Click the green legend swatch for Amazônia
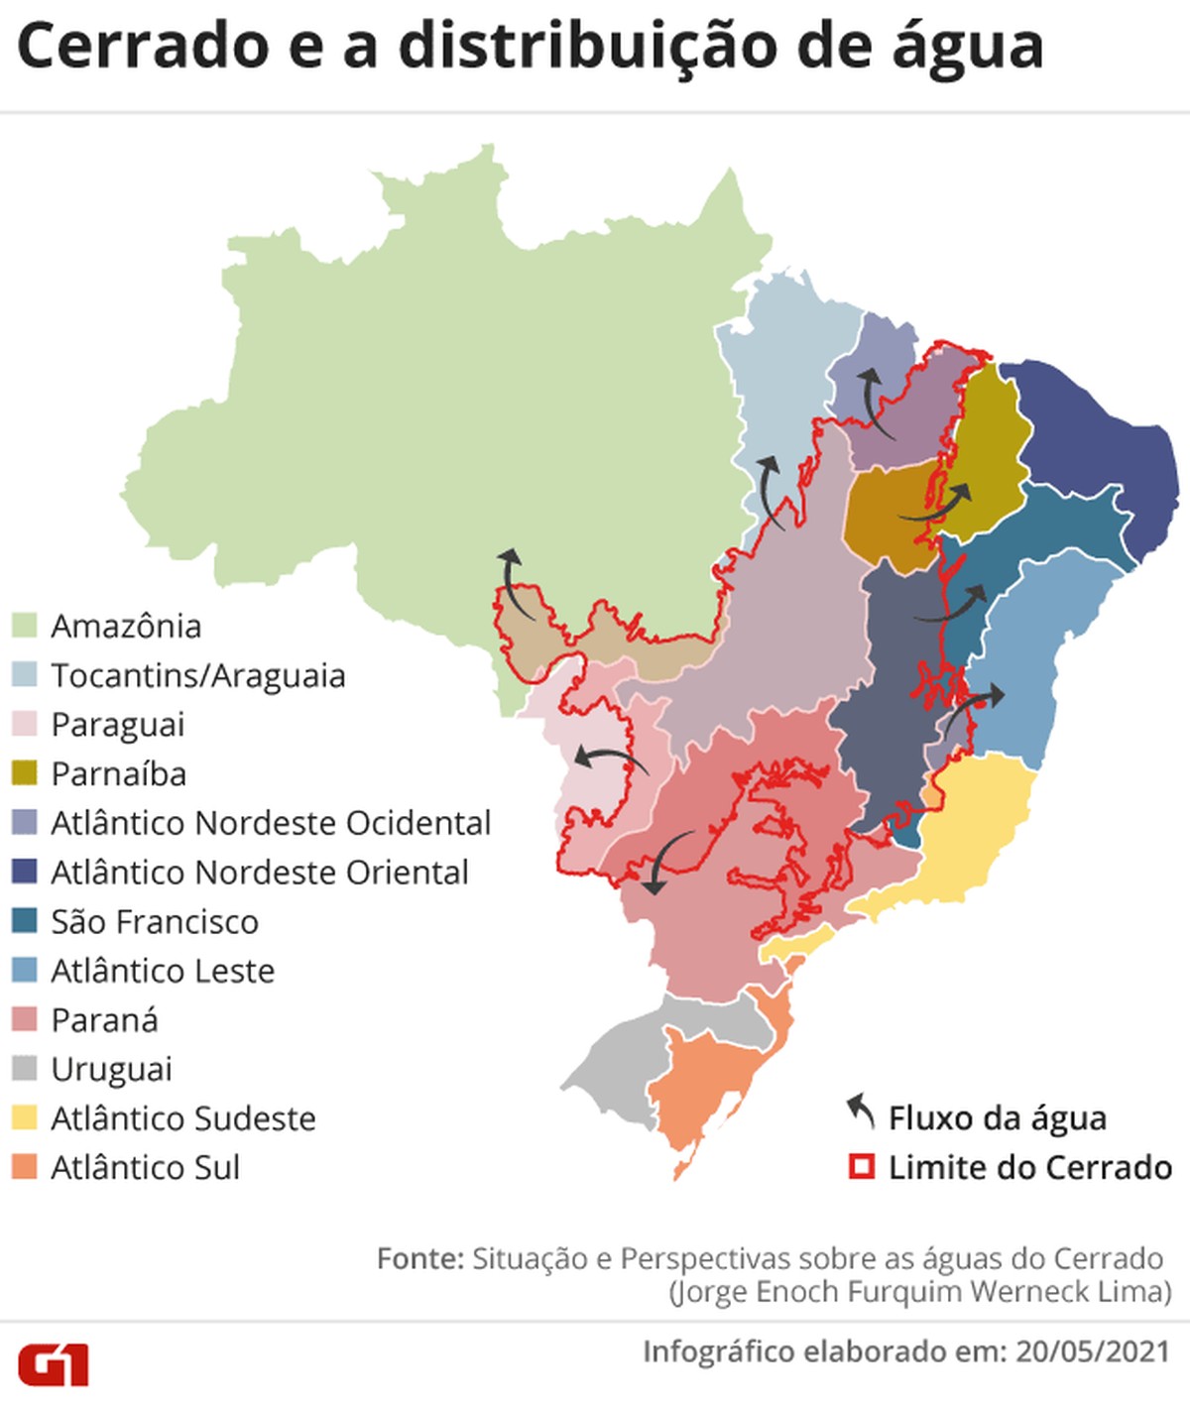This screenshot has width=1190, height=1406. [25, 626]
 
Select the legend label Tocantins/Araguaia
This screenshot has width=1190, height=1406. [198, 675]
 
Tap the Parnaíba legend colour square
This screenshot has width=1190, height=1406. [25, 773]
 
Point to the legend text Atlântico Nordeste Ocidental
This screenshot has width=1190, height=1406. [271, 823]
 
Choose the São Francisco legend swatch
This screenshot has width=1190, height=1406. [25, 921]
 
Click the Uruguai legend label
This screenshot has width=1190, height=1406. [111, 1069]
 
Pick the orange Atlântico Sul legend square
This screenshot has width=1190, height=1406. [25, 1167]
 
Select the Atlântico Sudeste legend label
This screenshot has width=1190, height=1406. [183, 1118]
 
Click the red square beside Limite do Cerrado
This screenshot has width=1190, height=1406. [862, 1167]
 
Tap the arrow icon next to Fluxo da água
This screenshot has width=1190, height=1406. [861, 1113]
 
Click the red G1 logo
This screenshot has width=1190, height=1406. [54, 1364]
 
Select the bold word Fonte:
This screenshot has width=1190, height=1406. [419, 1258]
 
